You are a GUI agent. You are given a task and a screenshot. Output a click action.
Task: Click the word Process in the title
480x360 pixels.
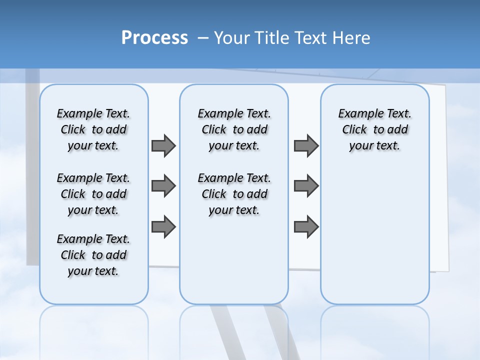point(154,37)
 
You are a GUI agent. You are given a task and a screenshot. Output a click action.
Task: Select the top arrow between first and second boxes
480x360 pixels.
point(163,145)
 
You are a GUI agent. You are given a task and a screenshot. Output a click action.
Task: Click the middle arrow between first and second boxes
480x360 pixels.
point(163,186)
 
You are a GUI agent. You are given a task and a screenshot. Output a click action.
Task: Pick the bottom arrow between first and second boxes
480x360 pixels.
point(163,226)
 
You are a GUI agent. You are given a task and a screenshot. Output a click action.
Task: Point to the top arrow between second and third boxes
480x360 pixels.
point(306,145)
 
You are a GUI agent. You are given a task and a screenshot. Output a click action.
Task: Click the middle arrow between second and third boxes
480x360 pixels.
point(306,186)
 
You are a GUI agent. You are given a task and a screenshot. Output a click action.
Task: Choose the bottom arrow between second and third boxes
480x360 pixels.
point(306,226)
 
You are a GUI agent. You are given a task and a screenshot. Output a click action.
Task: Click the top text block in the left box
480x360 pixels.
point(93,129)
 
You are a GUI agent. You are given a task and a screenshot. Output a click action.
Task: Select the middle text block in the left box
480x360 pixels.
point(93,194)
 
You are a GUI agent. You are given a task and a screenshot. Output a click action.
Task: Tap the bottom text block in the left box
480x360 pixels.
point(93,255)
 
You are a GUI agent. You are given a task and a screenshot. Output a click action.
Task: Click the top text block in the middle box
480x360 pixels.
point(234,129)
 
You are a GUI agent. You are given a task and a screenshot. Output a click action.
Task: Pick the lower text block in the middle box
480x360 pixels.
point(234,194)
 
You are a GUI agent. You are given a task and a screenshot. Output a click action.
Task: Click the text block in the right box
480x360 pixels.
point(375,129)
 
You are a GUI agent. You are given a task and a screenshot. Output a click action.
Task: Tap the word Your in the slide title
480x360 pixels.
point(231,37)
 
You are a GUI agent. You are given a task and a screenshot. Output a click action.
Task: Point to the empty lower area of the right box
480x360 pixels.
point(375,235)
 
